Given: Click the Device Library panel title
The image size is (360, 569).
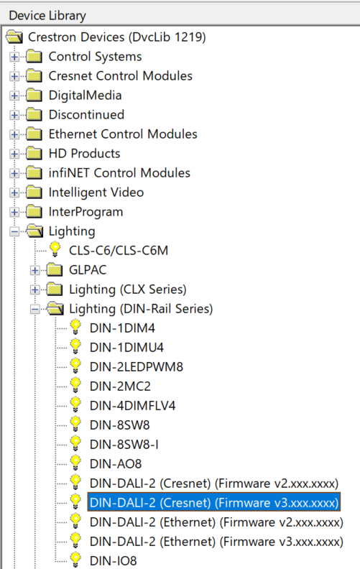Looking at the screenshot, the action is [47, 16].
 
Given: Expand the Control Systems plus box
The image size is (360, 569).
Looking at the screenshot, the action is [14, 57].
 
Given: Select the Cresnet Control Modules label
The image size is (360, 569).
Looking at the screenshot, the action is [121, 76].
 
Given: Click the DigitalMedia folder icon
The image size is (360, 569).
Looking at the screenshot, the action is [34, 95].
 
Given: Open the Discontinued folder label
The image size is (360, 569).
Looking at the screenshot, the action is [86, 115].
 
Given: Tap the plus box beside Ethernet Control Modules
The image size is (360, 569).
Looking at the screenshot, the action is [14, 134].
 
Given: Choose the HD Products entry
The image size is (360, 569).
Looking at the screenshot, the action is [84, 154].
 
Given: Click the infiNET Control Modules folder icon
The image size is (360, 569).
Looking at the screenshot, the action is [34, 172].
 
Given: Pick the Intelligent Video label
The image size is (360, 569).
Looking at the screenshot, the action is [96, 193].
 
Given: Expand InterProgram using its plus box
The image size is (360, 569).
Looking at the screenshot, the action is [14, 212].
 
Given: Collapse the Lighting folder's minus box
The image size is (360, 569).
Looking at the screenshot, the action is [14, 231].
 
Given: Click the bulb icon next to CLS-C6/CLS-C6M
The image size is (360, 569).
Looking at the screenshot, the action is [55, 250].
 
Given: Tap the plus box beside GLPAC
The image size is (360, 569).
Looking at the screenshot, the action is [35, 270].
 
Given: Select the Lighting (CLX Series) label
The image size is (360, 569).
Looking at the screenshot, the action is [128, 290].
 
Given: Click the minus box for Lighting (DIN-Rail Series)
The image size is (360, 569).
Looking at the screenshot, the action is [35, 309].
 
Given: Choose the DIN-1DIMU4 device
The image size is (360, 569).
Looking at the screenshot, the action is [126, 348].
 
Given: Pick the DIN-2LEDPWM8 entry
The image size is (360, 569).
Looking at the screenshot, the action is [137, 367].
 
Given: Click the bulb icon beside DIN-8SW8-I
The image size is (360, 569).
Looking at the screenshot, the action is [75, 444].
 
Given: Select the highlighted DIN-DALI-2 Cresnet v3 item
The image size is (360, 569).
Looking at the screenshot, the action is [213, 503].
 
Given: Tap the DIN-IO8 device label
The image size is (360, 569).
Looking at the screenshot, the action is [114, 561].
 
